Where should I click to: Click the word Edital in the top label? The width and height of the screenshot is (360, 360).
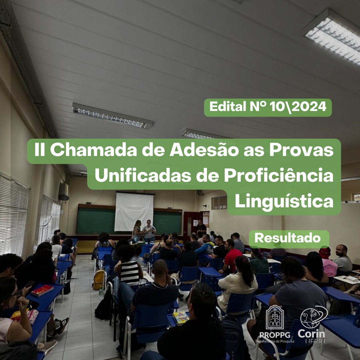pos(228,107)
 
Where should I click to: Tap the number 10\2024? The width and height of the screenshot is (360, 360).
pos(298,107)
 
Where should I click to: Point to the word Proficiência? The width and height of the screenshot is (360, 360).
pos(278,176)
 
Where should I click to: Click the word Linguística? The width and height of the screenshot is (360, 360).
pos(284,201)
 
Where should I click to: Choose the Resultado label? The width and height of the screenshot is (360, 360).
pos(287,238)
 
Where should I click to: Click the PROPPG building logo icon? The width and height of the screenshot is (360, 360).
pos(275,317)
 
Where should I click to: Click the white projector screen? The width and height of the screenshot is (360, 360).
pos(134,212)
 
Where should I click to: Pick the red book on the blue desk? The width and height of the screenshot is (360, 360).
pos(42,290)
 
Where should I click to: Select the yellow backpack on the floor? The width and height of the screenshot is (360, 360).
pos(99,280)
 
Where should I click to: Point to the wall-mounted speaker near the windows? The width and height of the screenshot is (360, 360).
pos(64,191)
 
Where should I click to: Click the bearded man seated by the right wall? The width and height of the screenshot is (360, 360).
pos(342,259)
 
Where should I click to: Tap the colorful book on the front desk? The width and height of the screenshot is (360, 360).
pos(181,318)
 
